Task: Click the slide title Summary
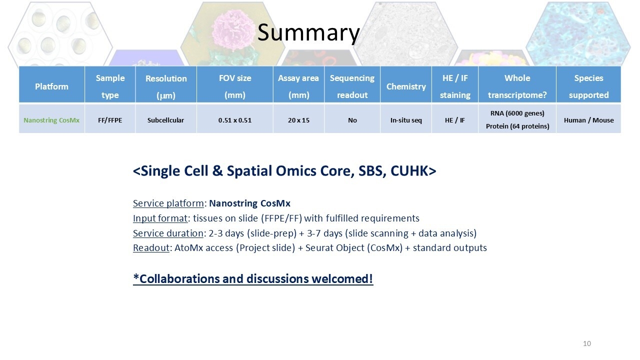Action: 308,33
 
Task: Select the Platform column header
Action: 51,86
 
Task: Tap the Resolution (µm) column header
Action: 166,86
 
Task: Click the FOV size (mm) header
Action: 235,86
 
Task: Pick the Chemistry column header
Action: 406,86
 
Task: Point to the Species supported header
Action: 588,86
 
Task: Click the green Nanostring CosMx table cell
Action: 51,120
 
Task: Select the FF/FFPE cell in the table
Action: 110,120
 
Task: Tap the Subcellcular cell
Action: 165,120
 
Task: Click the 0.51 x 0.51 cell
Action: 235,120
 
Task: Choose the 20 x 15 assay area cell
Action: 298,120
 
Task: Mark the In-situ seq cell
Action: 406,120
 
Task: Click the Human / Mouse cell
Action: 588,120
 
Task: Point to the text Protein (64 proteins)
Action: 517,126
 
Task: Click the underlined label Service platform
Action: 168,203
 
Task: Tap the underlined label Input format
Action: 160,218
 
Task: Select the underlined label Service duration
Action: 168,233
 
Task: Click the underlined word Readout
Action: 151,247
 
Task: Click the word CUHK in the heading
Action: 413,171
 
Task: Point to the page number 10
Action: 587,343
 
